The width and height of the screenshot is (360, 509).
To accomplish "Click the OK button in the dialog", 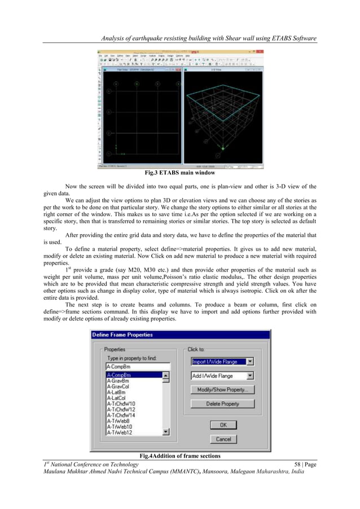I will tap(223, 424).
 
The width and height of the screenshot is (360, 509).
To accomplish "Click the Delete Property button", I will tap(222, 403).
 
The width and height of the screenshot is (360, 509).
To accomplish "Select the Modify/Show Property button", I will tap(222, 389).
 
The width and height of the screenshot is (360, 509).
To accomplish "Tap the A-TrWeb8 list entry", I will tap(118, 420).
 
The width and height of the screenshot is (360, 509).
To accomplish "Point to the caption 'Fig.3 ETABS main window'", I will tap(179, 173).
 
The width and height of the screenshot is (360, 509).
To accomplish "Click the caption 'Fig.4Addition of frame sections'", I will tap(179, 455).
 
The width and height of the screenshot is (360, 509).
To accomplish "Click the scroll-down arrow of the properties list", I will tap(166, 432).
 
